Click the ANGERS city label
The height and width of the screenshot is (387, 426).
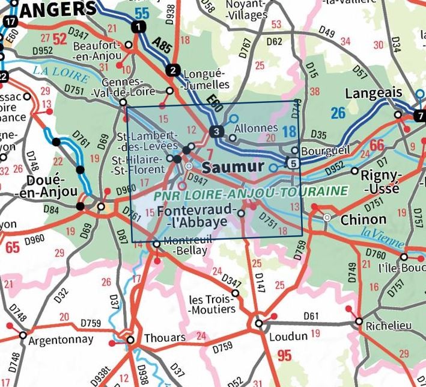click(58, 8)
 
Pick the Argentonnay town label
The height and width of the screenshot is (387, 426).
click(61, 339)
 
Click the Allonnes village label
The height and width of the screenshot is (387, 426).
click(257, 128)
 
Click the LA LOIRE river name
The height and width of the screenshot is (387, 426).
click(61, 72)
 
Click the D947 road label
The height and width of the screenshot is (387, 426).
click(197, 179)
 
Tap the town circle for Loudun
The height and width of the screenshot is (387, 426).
click(259, 323)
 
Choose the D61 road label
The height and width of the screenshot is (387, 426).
click(311, 315)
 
